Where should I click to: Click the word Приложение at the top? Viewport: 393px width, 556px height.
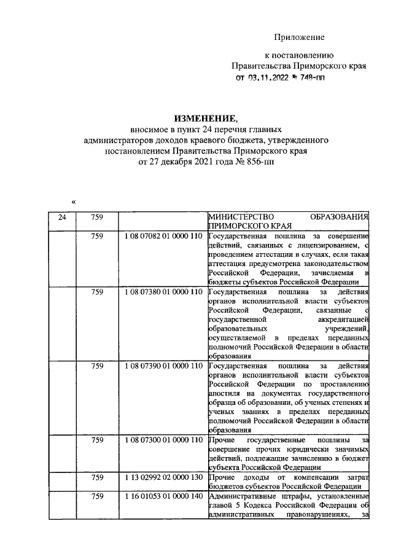tap(299, 37)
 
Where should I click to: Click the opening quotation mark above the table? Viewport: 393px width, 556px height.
tap(74, 202)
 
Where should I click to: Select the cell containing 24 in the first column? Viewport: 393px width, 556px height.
tap(61, 217)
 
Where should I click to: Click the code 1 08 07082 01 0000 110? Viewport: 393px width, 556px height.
tap(163, 237)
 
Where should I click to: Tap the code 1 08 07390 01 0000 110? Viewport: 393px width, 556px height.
tap(163, 367)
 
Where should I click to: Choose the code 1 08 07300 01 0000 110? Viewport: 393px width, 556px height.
tap(163, 440)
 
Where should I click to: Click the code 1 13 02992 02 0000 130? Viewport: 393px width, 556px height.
tap(163, 477)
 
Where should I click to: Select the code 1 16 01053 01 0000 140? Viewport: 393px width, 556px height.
tap(163, 496)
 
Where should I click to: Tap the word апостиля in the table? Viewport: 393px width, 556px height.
tap(224, 391)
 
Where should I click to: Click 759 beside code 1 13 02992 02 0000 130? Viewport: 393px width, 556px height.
tap(97, 477)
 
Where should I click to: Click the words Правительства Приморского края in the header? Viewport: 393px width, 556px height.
tap(299, 65)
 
